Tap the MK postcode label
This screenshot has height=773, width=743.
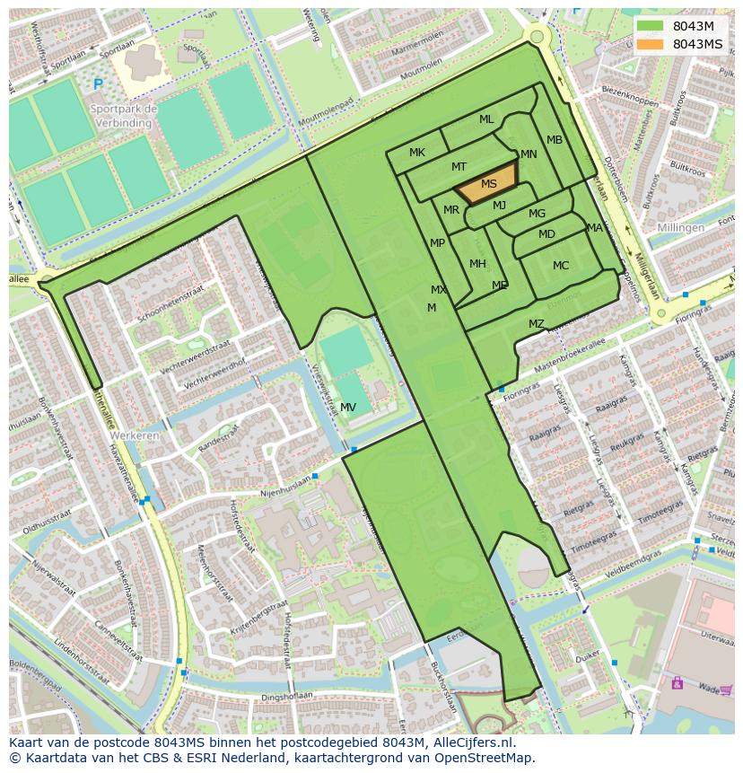pyautogui.click(x=417, y=153)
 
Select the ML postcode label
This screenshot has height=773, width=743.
pyautogui.click(x=486, y=119)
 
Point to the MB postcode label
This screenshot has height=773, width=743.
pyautogui.click(x=555, y=140)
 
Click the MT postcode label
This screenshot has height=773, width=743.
pyautogui.click(x=459, y=167)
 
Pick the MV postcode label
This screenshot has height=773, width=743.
pyautogui.click(x=348, y=408)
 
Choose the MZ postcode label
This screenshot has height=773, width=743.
pyautogui.click(x=536, y=324)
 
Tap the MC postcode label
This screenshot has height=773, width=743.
pyautogui.click(x=561, y=266)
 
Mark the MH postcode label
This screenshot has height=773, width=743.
pyautogui.click(x=477, y=264)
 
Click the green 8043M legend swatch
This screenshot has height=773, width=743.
pyautogui.click(x=651, y=26)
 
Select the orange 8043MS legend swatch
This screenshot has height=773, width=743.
pyautogui.click(x=651, y=44)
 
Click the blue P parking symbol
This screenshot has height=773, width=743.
pyautogui.click(x=98, y=84)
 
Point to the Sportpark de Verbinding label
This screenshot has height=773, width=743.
pyautogui.click(x=124, y=116)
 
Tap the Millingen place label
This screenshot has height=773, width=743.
pyautogui.click(x=679, y=228)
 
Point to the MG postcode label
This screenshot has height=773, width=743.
pyautogui.click(x=537, y=214)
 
